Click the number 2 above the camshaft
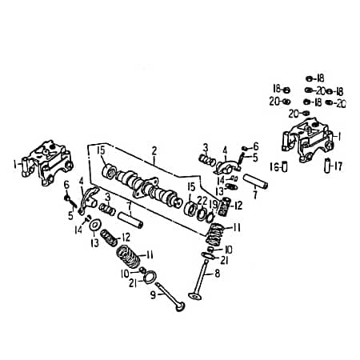click(154, 149)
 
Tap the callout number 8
click(216, 273)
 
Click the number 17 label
click(338, 167)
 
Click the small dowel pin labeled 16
click(285, 168)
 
